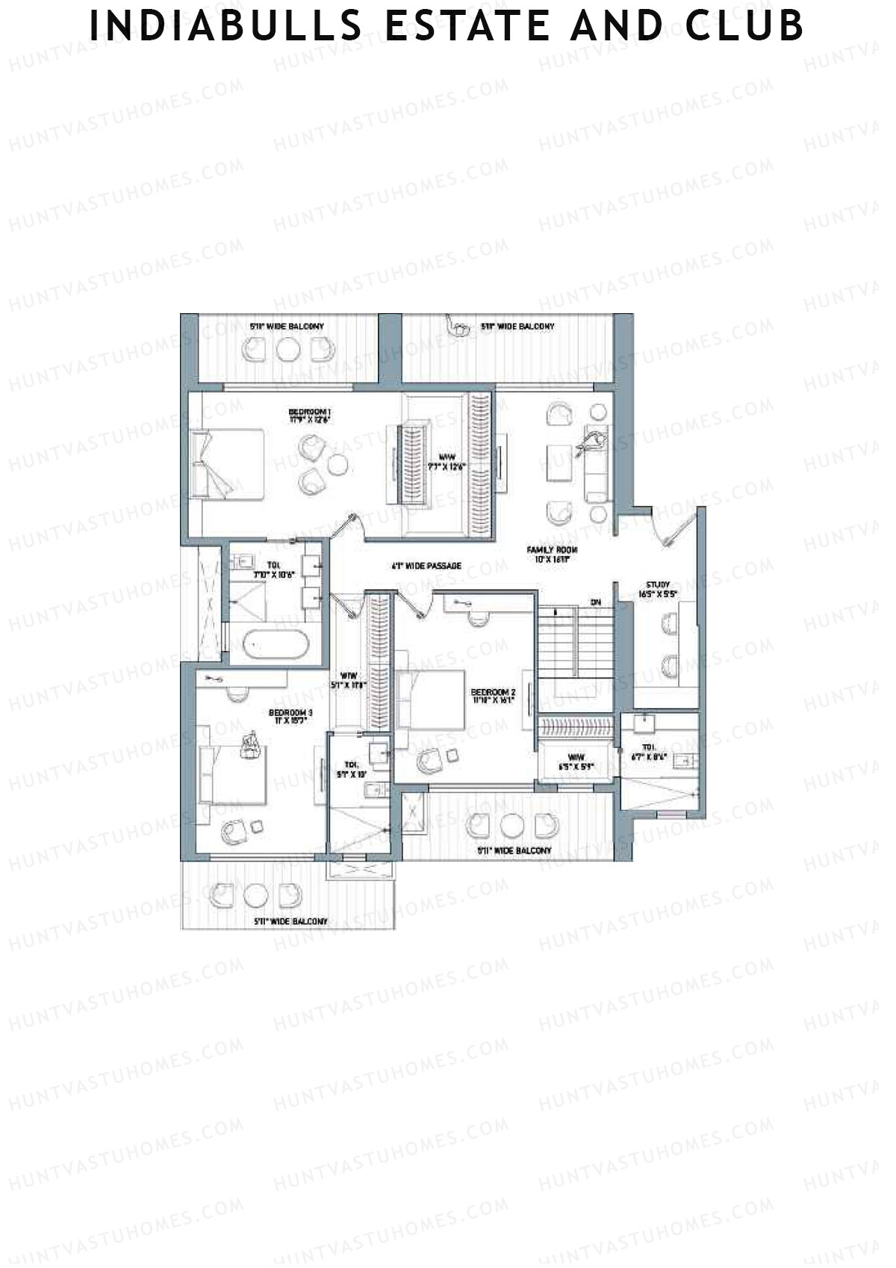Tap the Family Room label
pos(552,554)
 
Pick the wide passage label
pos(426,566)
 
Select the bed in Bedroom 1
pos(228,463)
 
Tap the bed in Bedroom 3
pos(232,774)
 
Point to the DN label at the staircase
pos(595,601)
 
